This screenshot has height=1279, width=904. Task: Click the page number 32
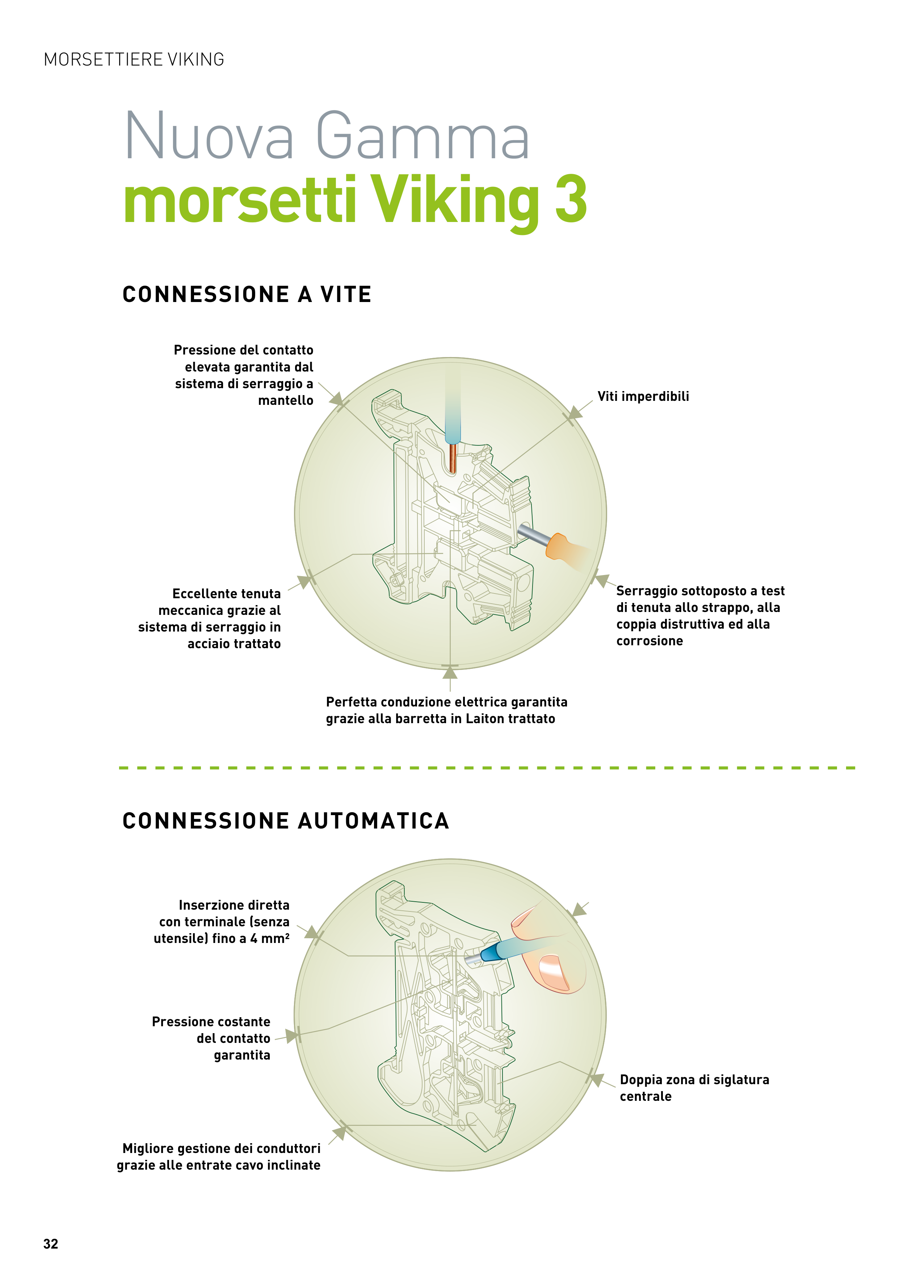tap(51, 1244)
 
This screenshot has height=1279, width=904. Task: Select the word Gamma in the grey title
tap(422, 137)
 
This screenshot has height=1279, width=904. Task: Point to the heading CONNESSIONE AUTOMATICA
tap(285, 821)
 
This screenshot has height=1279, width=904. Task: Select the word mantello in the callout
tap(285, 401)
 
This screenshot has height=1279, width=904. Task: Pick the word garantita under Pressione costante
tap(242, 1055)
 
